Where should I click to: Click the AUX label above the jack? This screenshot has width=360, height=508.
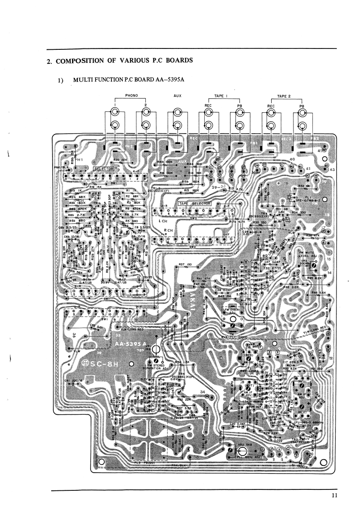point(178,96)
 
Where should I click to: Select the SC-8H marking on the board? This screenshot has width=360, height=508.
point(104,364)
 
